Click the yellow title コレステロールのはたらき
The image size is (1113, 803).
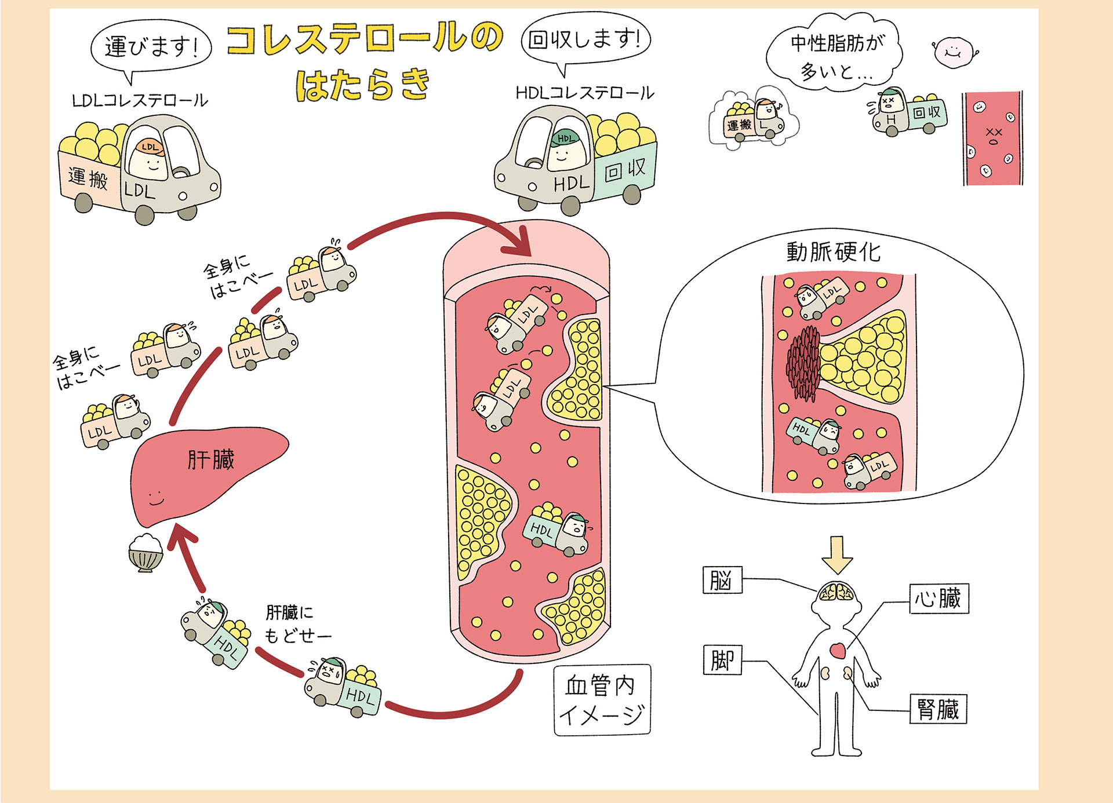click(364, 61)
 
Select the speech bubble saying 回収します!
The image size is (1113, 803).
click(585, 39)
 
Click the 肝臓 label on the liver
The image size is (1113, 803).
click(211, 460)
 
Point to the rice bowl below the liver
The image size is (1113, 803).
click(145, 553)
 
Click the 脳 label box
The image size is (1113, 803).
click(722, 580)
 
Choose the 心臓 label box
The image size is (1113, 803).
click(938, 598)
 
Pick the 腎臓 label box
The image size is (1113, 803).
click(938, 709)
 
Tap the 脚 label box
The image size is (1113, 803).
click(722, 660)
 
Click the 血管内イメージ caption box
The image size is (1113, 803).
click(602, 700)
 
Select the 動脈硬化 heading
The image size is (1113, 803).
click(833, 252)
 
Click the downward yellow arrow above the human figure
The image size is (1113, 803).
click(837, 554)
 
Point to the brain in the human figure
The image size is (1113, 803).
click(836, 593)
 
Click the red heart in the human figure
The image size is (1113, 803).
click(838, 651)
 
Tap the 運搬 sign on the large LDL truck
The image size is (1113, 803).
click(89, 178)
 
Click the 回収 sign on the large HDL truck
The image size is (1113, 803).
click(625, 170)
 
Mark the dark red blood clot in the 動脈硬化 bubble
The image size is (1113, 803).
click(803, 363)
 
